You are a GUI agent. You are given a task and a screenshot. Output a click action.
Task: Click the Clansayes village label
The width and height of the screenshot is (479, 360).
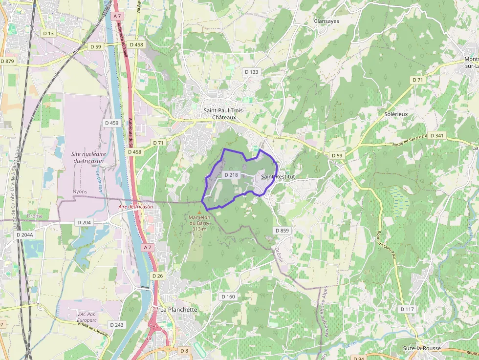(327, 21)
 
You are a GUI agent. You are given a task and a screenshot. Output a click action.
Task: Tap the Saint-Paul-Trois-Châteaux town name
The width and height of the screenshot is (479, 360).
(223, 114)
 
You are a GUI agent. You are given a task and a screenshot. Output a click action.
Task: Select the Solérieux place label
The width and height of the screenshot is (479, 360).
(396, 114)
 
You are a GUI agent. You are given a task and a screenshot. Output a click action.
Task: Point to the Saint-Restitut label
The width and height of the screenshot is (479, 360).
(278, 176)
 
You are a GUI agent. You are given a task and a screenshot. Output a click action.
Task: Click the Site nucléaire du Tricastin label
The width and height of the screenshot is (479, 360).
(89, 157)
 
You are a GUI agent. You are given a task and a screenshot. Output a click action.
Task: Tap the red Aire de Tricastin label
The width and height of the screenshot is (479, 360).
(135, 207)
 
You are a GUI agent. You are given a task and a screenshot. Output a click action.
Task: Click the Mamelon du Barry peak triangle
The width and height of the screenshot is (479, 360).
(199, 212)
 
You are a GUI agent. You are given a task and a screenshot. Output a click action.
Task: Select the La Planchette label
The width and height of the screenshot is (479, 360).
(179, 310)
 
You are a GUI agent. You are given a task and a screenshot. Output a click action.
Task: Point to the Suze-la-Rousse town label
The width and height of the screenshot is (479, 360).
(421, 348)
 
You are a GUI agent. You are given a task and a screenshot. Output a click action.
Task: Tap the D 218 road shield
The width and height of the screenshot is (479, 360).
(231, 175)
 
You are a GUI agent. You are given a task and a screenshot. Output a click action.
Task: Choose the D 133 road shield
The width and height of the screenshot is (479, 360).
(251, 72)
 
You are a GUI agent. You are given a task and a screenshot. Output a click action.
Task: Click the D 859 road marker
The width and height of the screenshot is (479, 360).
(282, 230)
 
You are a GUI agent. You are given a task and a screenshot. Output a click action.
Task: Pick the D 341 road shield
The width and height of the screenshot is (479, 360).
(438, 136)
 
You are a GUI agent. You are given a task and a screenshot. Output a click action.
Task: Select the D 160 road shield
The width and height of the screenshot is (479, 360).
(228, 296)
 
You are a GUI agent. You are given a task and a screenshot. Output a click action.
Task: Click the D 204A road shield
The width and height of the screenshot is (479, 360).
(24, 234)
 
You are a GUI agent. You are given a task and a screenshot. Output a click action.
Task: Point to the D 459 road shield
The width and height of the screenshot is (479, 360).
(111, 123)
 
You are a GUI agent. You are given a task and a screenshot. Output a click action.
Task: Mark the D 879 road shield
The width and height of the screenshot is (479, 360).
(7, 61)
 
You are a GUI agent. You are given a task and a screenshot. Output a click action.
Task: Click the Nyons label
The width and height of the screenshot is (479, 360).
(80, 191)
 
